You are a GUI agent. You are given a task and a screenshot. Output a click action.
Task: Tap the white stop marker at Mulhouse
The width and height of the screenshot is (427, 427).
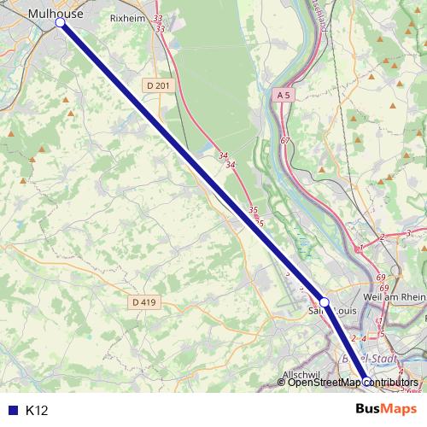coord(61,23)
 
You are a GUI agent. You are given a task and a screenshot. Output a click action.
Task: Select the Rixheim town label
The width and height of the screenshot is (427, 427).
coord(130,15)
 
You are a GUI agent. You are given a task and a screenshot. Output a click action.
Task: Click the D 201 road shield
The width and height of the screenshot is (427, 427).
coord(157,85)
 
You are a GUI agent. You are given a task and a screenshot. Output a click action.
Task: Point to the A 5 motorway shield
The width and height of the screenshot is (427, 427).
coord(284,97)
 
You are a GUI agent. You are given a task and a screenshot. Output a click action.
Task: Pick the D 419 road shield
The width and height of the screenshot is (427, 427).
coord(144,302)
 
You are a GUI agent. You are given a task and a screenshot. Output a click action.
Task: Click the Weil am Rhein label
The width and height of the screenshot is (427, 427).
coord(393,296)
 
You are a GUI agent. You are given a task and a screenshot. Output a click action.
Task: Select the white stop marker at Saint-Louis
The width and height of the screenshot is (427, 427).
coord(325,301)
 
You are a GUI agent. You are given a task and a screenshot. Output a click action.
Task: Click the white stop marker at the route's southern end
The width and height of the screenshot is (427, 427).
coord(365,382)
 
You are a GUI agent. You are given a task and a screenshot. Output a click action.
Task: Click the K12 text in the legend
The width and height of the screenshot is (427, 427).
coord(37,411)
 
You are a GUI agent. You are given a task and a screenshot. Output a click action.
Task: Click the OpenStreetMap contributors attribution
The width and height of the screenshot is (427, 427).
coord(353,382)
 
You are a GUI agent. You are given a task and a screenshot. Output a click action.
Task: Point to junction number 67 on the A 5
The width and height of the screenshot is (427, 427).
coord(285,140)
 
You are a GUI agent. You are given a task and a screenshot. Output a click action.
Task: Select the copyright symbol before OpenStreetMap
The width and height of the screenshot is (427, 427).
coord(282,382)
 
